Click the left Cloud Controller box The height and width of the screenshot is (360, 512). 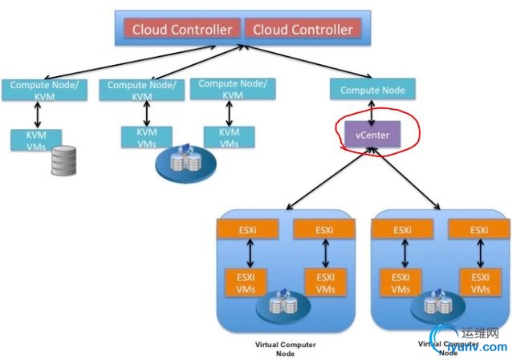coord(182,30)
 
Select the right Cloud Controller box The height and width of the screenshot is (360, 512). coord(303,30)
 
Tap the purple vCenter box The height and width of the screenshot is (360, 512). coord(372,135)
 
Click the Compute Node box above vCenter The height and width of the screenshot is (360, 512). coord(372,90)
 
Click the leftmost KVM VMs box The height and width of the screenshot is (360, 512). coord(35,140)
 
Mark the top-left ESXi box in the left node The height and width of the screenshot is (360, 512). coord(246,230)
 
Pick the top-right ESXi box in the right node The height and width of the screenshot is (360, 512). coord(479,230)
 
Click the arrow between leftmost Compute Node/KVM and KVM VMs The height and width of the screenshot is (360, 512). coord(35,114)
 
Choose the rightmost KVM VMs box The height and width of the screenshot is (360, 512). coord(230,137)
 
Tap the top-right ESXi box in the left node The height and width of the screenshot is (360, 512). coord(324,230)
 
